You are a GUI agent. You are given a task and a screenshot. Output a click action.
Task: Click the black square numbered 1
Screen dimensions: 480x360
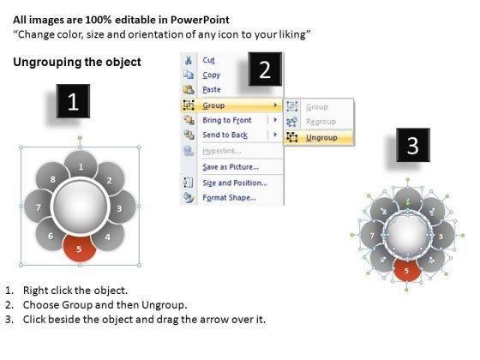[73, 101]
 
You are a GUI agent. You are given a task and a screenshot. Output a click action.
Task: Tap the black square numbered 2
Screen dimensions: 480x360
[265, 69]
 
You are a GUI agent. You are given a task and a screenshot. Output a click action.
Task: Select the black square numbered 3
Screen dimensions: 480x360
[413, 145]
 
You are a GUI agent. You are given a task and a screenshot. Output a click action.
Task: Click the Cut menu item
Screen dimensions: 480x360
[208, 60]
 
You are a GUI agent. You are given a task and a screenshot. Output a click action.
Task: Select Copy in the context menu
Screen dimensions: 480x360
[211, 75]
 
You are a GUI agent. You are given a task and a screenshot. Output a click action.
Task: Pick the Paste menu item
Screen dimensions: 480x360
[212, 90]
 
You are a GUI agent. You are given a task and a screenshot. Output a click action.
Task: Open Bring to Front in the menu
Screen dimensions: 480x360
[227, 120]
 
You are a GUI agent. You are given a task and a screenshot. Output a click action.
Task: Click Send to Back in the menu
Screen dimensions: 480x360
[225, 135]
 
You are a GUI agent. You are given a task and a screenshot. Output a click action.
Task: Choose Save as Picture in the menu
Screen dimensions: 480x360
[231, 167]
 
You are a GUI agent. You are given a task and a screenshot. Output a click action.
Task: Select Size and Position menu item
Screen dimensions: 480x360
[235, 183]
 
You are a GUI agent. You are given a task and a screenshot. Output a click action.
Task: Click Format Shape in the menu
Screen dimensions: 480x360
[230, 197]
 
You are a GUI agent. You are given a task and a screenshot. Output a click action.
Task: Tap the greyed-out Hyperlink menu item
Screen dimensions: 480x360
[222, 151]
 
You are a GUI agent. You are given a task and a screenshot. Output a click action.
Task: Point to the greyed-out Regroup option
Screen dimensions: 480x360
[321, 122]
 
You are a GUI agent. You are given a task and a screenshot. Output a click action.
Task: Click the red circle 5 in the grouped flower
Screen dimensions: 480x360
[80, 249]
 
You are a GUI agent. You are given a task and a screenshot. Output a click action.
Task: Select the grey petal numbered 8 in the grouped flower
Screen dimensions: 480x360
[51, 179]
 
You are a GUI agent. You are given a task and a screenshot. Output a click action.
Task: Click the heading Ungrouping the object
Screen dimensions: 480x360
[77, 62]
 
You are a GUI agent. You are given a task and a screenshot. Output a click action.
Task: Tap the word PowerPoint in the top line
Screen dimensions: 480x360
[200, 20]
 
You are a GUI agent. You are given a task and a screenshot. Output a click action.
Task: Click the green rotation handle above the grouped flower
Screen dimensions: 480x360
[80, 138]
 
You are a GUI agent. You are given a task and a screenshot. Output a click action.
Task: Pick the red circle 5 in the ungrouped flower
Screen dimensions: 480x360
[406, 270]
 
